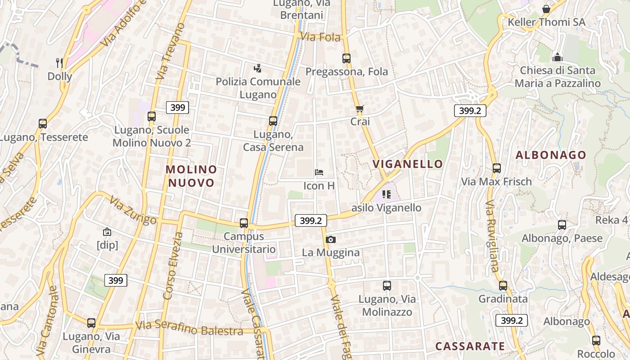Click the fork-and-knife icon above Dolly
click(x=59, y=63)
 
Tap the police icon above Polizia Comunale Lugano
click(x=257, y=68)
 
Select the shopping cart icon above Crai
click(x=360, y=108)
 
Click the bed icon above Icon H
click(x=319, y=172)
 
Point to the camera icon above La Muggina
click(x=331, y=239)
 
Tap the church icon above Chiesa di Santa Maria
click(x=558, y=57)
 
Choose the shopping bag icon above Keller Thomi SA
click(x=546, y=9)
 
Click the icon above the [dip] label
click(x=107, y=232)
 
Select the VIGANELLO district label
click(x=408, y=164)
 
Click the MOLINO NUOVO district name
click(x=191, y=176)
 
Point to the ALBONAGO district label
click(x=551, y=155)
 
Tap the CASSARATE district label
click(x=470, y=346)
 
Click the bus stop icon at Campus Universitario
click(x=244, y=223)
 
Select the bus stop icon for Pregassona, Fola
click(x=346, y=58)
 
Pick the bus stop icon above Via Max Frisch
click(x=497, y=168)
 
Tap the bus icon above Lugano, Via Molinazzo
click(x=387, y=285)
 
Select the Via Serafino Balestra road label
click(x=189, y=328)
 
